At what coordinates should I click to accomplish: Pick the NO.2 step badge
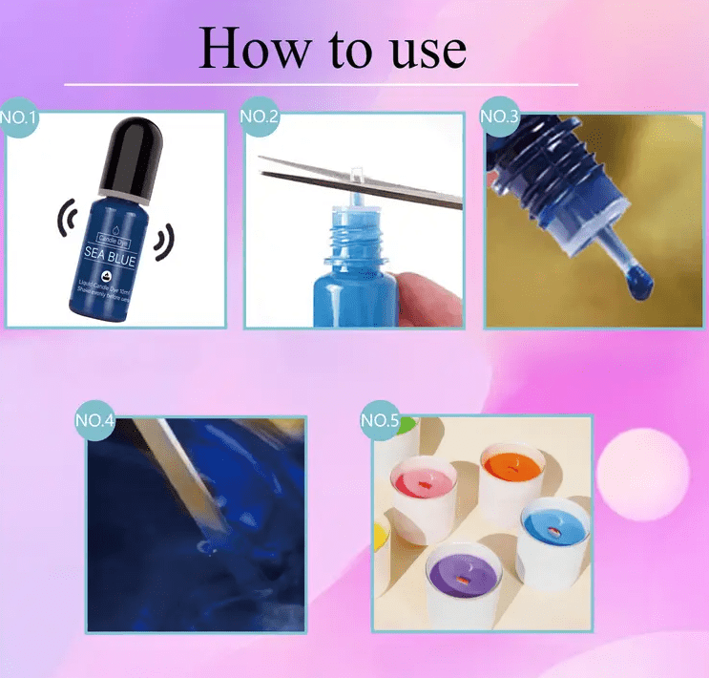pyautogui.click(x=259, y=117)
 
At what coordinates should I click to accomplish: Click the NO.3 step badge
pyautogui.click(x=498, y=117)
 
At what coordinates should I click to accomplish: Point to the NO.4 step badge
pyautogui.click(x=95, y=421)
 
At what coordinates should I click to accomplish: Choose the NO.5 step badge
pyautogui.click(x=381, y=421)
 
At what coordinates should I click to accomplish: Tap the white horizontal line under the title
pyautogui.click(x=321, y=85)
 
